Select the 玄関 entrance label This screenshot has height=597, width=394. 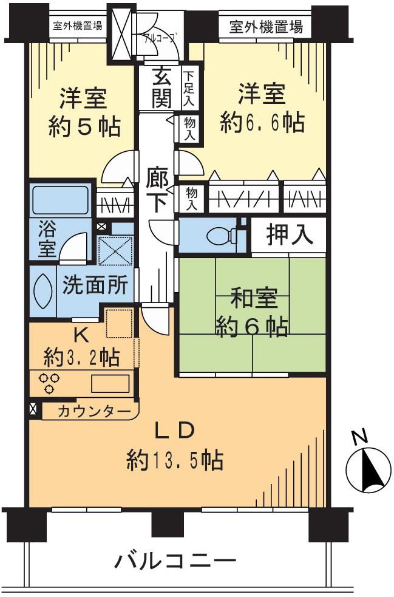coord(161,89)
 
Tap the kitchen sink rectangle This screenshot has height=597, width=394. coord(110,384)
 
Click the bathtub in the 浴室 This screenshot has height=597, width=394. coord(59,200)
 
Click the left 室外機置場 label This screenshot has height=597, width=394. coord(77,26)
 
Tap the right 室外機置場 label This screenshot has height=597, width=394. coord(267,27)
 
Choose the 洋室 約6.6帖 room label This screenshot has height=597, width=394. coord(262,109)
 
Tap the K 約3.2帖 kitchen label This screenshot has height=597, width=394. coord(80,346)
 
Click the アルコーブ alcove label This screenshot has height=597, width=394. coord(159,36)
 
